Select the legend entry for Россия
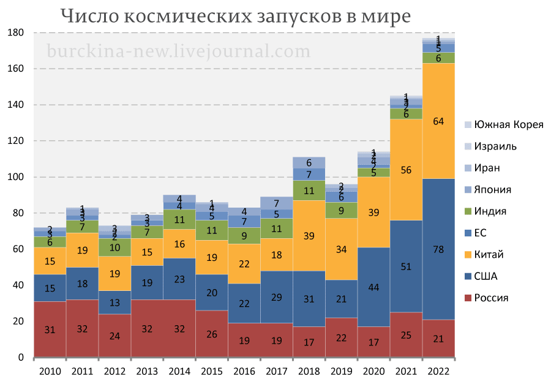click(x=490, y=298)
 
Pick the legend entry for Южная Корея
click(x=504, y=125)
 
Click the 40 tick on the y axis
click(x=18, y=285)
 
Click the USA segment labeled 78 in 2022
click(x=439, y=249)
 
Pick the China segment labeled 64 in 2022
click(x=439, y=121)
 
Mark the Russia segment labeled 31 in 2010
click(x=50, y=329)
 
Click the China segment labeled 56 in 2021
click(x=407, y=170)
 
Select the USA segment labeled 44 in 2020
click(x=374, y=287)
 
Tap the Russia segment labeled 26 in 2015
click(x=212, y=334)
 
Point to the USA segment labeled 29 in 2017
click(x=277, y=297)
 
